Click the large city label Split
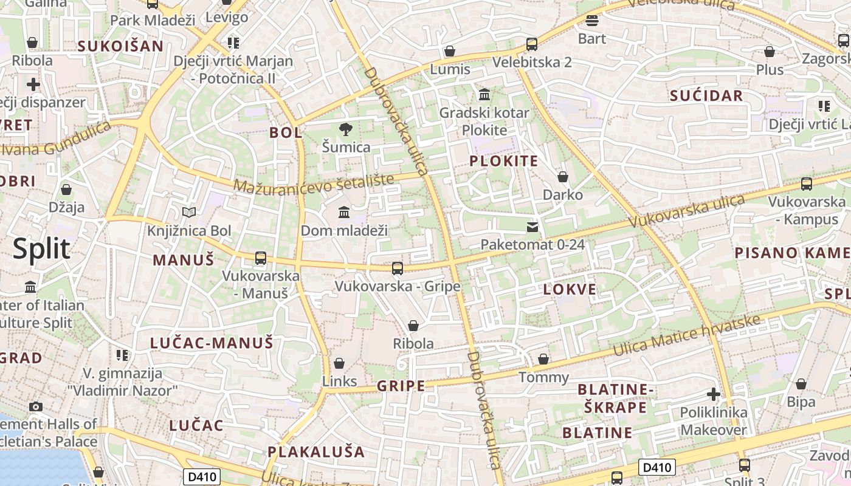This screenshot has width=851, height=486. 41,249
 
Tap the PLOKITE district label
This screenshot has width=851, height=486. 504,161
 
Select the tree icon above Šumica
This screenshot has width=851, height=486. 346,129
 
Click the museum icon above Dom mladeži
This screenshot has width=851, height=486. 344,212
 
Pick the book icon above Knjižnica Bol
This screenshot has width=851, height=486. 190,212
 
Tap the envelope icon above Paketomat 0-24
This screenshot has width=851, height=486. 532,227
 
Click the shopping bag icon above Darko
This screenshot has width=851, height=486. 563,177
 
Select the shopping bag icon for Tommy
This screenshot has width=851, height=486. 543,359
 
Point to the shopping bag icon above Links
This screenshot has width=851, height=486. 339,363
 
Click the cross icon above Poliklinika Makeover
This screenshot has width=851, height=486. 714,394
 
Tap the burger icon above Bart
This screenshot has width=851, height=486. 592,21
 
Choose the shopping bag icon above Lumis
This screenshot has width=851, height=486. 450,51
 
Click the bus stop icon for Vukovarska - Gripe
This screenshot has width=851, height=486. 398,268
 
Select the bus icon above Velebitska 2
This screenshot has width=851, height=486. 532,44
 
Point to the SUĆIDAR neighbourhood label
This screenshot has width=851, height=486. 706,95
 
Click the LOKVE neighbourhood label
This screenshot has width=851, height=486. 570,289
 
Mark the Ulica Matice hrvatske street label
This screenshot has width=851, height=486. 687,336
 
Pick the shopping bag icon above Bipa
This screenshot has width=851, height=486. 801,384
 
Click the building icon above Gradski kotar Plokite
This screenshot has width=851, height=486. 484,94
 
